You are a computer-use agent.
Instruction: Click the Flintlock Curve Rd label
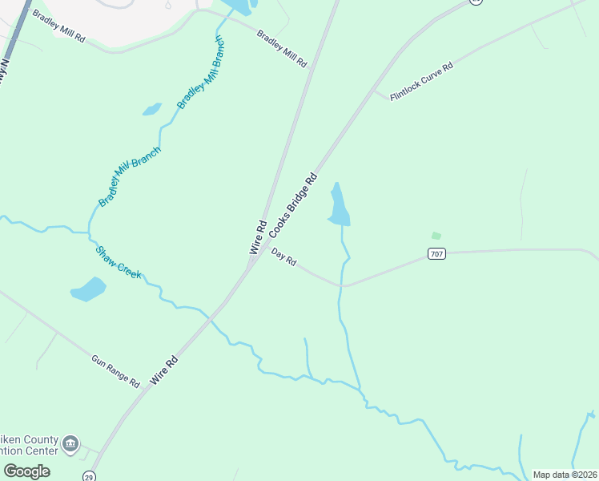[421, 81]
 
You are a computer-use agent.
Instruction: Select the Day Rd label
[284, 257]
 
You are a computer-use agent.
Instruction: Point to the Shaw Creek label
[119, 262]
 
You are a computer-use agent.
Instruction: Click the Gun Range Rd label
[115, 371]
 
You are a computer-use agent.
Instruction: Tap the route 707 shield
[436, 254]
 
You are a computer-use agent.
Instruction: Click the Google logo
[26, 471]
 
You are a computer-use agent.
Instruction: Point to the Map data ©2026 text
[565, 475]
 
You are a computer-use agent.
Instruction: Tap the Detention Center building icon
[70, 443]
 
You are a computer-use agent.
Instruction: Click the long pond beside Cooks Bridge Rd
[340, 206]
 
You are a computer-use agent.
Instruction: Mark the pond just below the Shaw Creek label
[88, 289]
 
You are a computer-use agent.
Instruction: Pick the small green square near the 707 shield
[436, 236]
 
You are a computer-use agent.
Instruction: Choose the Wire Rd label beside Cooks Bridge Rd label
[257, 237]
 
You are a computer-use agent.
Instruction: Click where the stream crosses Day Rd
[342, 285]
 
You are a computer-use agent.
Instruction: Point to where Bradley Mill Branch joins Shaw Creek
[89, 233]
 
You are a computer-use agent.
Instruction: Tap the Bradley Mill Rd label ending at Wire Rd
[282, 48]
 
